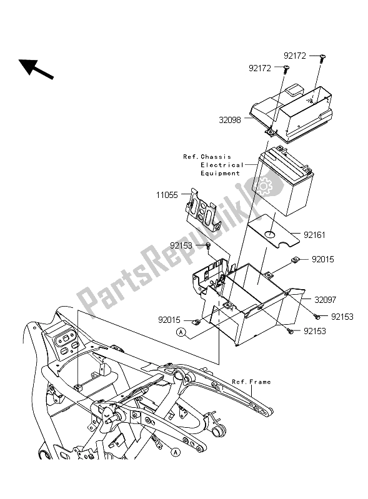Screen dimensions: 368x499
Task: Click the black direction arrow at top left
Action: tap(36, 69)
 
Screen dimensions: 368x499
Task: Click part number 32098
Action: tap(230, 120)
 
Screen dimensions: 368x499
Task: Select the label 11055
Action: tap(167, 195)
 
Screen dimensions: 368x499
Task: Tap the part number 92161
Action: tap(314, 235)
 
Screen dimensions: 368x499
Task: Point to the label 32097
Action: tap(326, 300)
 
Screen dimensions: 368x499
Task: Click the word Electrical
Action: tap(222, 165)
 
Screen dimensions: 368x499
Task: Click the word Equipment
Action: tap(220, 173)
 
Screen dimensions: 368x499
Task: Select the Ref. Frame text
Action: tap(251, 382)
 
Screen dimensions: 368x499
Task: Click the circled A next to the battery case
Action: tap(181, 332)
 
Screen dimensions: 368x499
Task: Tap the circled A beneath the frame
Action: tap(175, 452)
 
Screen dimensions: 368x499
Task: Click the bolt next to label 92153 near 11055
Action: tap(208, 245)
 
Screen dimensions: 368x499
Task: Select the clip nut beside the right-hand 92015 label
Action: tap(295, 260)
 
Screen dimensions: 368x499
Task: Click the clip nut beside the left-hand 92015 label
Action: tap(196, 322)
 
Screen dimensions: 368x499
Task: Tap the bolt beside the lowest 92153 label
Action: tap(290, 331)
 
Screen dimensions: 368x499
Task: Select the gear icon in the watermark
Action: tap(264, 187)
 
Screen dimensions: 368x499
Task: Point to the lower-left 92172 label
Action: tap(260, 69)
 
